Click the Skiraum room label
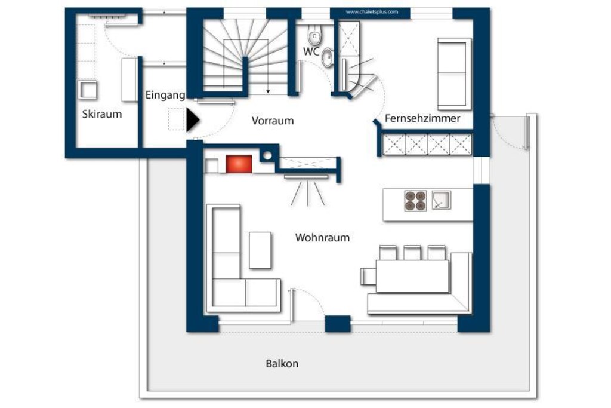pyautogui.click(x=101, y=114)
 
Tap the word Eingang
pyautogui.click(x=165, y=95)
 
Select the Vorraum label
pyautogui.click(x=272, y=121)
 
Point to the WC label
pyautogui.click(x=311, y=51)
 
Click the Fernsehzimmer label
pyautogui.click(x=422, y=119)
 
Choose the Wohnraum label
pyautogui.click(x=322, y=238)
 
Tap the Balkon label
pyautogui.click(x=282, y=364)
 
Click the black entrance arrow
pyautogui.click(x=193, y=120)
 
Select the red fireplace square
pyautogui.click(x=239, y=164)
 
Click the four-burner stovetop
pyautogui.click(x=415, y=201)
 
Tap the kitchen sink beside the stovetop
pyautogui.click(x=441, y=200)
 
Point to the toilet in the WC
pyautogui.click(x=314, y=35)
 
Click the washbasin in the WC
pyautogui.click(x=328, y=58)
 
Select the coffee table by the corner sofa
pyautogui.click(x=260, y=250)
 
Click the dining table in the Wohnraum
pyautogui.click(x=412, y=276)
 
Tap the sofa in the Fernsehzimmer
pyautogui.click(x=454, y=73)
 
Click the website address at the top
pyautogui.click(x=372, y=12)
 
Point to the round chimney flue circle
pyautogui.click(x=267, y=156)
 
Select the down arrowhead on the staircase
pyautogui.click(x=268, y=91)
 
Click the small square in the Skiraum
pyautogui.click(x=88, y=90)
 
